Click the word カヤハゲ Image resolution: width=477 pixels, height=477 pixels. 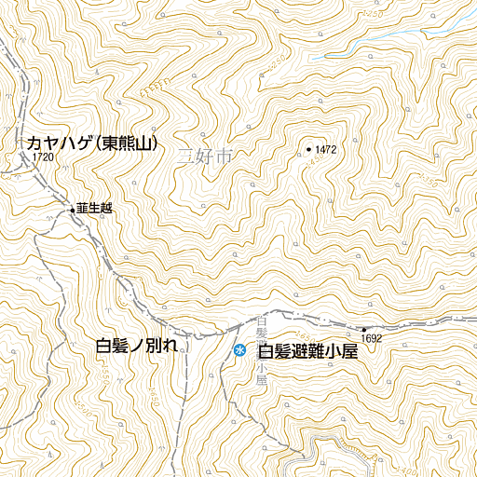tap(59, 143)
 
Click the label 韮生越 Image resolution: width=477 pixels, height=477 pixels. tap(95, 209)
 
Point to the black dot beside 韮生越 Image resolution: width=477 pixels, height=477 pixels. tap(73, 211)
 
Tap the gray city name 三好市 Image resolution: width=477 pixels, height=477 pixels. tap(204, 158)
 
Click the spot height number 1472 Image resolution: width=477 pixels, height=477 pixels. tap(325, 149)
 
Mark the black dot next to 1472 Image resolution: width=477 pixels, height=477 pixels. tap(308, 149)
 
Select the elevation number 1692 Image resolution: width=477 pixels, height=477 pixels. tap(372, 338)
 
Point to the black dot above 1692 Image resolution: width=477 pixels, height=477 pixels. tap(363, 329)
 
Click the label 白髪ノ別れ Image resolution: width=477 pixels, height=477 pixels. tap(137, 347)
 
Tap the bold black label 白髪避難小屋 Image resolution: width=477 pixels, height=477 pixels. tap(308, 351)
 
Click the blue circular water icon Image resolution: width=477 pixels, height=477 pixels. tap(239, 350)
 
